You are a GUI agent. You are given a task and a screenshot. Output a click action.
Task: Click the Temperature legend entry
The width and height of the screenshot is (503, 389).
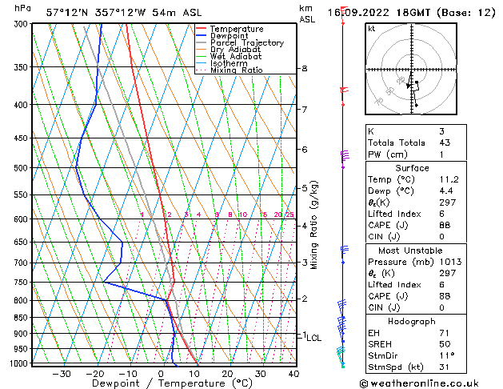tap(237, 29)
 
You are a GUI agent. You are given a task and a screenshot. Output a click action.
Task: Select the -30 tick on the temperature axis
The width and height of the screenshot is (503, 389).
tap(62, 374)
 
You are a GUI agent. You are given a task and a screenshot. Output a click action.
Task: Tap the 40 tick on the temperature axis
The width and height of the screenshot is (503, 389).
tap(293, 374)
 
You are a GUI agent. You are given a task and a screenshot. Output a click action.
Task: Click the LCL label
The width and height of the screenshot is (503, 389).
tap(314, 338)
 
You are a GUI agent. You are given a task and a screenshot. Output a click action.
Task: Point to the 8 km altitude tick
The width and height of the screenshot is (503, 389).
tap(305, 69)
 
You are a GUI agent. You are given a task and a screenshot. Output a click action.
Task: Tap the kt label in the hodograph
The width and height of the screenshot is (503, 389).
tap(372, 29)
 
